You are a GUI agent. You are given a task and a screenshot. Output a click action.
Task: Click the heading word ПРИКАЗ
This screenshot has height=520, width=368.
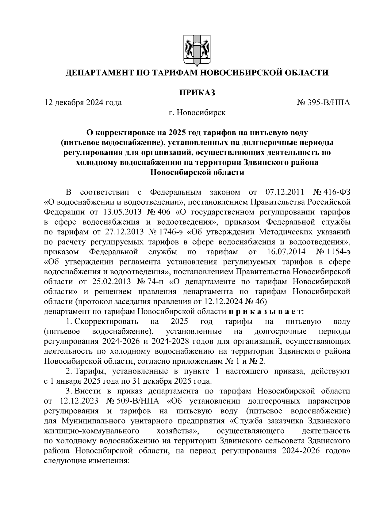tap(197, 92)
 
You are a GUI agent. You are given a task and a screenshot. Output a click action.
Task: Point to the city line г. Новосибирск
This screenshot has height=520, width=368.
tap(197, 113)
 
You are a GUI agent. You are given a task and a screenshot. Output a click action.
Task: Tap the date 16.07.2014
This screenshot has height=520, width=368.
tap(284, 252)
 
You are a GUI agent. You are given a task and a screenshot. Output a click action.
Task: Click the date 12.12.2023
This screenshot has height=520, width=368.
tap(79, 401)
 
